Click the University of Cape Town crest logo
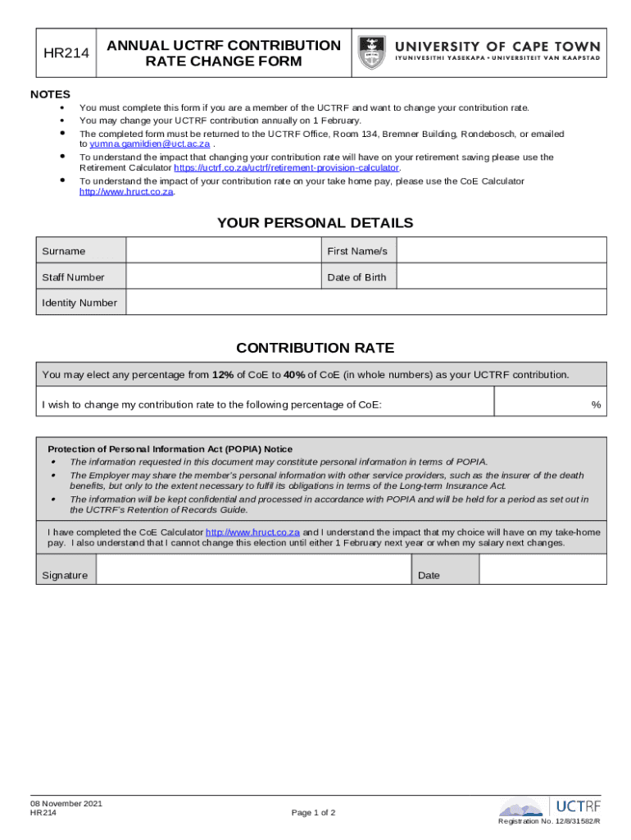(372, 53)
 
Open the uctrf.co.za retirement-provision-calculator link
(287, 168)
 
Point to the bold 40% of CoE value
(294, 375)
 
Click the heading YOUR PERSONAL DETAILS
(315, 223)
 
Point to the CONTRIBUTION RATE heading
(315, 348)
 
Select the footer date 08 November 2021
(66, 803)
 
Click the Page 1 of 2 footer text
(313, 813)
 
